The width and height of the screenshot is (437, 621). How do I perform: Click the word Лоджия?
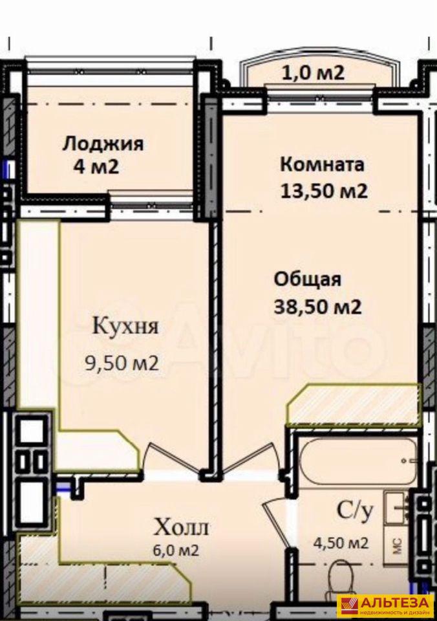[x=103, y=144]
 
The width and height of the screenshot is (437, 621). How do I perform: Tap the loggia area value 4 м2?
[x=96, y=167]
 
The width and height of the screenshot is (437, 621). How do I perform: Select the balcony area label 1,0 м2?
[x=312, y=73]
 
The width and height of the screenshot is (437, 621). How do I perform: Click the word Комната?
[x=322, y=164]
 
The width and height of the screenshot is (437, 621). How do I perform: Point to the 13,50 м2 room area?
[x=324, y=191]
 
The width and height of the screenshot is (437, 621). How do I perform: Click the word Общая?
[x=308, y=279]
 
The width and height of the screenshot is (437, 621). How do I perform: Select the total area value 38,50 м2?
[x=318, y=307]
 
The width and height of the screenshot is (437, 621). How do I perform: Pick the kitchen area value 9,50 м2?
[x=122, y=363]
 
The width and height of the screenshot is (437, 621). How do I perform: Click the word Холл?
[x=181, y=528]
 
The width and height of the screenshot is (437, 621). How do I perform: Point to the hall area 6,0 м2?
[x=176, y=550]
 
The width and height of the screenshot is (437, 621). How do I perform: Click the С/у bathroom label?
[x=355, y=512]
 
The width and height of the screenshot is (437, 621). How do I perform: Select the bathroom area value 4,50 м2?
[x=341, y=542]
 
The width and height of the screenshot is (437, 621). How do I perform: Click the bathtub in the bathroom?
[x=358, y=461]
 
